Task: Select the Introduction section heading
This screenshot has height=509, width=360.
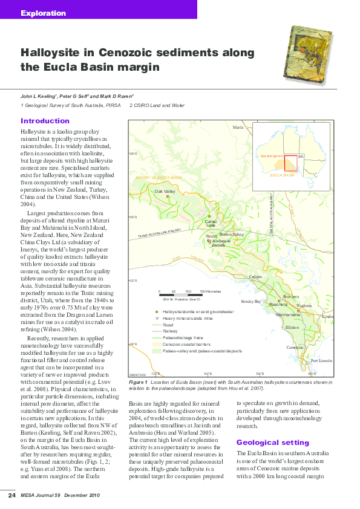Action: pyautogui.click(x=45, y=121)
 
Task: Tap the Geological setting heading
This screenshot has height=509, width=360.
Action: pyautogui.click(x=264, y=442)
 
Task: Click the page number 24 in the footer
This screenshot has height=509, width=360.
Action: pyautogui.click(x=11, y=496)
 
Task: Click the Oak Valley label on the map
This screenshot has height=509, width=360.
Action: pyautogui.click(x=165, y=192)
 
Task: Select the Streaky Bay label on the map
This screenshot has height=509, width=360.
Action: pyautogui.click(x=250, y=300)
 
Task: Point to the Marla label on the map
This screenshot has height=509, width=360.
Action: pyautogui.click(x=238, y=128)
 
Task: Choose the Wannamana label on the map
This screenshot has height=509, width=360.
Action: pyautogui.click(x=287, y=315)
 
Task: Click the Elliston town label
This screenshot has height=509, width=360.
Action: pyautogui.click(x=292, y=327)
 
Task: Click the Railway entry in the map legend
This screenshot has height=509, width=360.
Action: pyautogui.click(x=169, y=331)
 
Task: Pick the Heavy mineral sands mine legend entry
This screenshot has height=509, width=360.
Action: pyautogui.click(x=188, y=318)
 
